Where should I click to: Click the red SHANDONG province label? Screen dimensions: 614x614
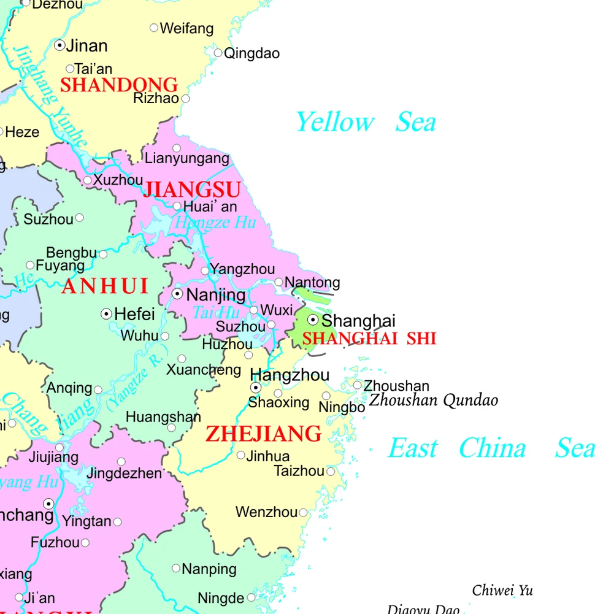(x=118, y=85)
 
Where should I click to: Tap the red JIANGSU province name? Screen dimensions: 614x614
(x=191, y=190)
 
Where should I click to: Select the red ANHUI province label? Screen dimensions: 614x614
(x=105, y=286)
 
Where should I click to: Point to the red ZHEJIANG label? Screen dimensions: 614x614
(x=263, y=434)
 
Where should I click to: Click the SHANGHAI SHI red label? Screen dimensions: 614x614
(x=369, y=339)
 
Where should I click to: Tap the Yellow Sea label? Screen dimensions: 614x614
(x=366, y=122)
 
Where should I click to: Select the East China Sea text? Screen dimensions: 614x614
(x=491, y=448)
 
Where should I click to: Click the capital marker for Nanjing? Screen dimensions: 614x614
(x=177, y=294)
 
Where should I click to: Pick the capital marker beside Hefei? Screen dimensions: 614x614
(x=106, y=314)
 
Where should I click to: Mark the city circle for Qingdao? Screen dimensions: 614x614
(x=218, y=53)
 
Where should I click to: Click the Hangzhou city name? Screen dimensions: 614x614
(x=290, y=375)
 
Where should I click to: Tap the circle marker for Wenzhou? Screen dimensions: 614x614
(x=303, y=513)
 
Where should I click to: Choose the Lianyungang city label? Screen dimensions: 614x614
(x=186, y=159)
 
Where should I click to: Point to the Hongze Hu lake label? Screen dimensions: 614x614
(x=215, y=222)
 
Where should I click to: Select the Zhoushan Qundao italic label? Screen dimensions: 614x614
(x=433, y=401)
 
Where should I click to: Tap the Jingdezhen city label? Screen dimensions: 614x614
(x=124, y=474)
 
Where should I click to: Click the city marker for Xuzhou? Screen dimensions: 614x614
(x=88, y=180)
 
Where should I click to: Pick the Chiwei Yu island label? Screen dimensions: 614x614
(x=502, y=591)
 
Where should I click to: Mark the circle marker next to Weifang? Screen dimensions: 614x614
(x=154, y=28)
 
